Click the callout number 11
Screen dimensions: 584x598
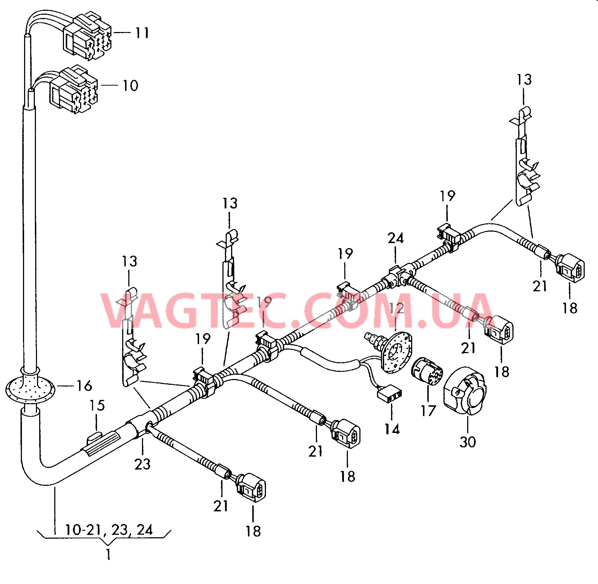tap(142, 33)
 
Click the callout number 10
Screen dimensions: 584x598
tap(130, 86)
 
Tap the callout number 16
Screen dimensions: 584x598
tap(84, 386)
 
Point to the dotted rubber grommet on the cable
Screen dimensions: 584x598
tap(30, 388)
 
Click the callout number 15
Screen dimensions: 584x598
tap(97, 406)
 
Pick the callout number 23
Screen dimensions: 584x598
tap(142, 464)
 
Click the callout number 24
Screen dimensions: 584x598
tap(396, 238)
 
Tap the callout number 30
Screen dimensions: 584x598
tap(468, 442)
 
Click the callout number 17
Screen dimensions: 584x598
tap(428, 411)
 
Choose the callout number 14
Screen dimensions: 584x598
tap(392, 429)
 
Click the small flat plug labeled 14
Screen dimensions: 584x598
tap(389, 394)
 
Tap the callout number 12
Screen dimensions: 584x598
tap(396, 308)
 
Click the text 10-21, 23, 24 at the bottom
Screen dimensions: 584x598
tap(109, 530)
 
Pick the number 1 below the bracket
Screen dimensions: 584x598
tap(108, 554)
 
